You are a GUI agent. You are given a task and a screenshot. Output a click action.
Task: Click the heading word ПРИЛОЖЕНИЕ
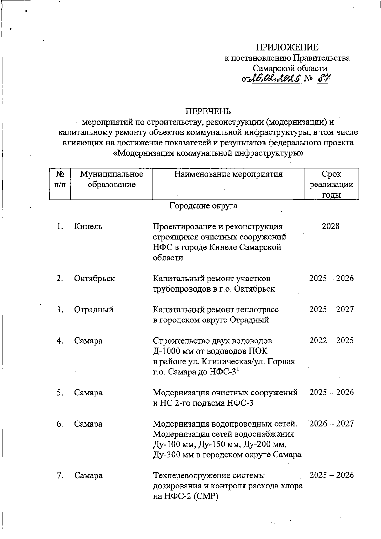point(287,48)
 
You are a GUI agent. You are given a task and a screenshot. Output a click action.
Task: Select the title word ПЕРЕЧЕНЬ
point(208,112)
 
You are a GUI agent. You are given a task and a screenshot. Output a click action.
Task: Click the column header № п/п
point(60,179)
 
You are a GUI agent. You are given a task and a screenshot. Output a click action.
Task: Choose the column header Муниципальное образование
point(111,179)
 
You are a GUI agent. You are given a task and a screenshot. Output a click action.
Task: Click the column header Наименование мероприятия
point(228,174)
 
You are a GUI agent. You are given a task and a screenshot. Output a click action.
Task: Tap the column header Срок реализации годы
point(331,184)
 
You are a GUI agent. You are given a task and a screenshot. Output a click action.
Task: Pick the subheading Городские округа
point(203,206)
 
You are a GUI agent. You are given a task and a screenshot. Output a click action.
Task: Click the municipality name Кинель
point(88,226)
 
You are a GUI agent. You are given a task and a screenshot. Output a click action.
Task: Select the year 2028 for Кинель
point(331,226)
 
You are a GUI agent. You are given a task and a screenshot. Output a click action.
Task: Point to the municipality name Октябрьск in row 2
point(94,279)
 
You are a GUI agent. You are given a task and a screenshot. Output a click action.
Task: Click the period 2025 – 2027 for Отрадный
point(331,309)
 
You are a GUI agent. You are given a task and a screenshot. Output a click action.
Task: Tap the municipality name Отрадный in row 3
point(94,310)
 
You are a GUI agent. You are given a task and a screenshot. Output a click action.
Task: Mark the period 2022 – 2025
point(331,340)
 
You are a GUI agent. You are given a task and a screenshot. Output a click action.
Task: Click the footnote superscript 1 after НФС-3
point(238,369)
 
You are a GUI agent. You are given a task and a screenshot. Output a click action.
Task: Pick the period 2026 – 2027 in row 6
point(331,424)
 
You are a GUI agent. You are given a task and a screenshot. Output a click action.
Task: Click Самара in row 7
point(88,475)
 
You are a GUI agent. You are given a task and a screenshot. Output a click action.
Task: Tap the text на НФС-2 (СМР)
point(186,496)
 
